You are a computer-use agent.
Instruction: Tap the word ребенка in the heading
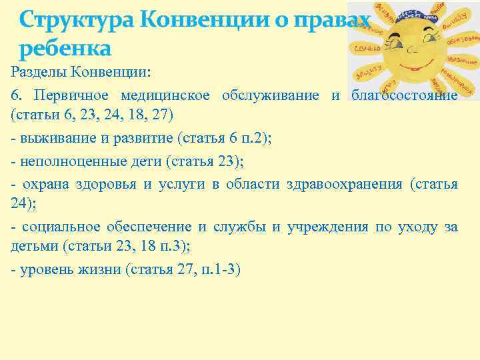(x=65, y=49)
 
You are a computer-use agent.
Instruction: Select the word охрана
(x=41, y=183)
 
